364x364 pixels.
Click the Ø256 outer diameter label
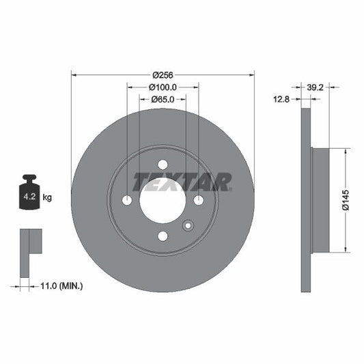point(163,74)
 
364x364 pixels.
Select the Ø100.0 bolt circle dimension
point(163,87)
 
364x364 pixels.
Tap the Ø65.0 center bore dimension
point(163,99)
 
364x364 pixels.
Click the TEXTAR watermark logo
point(182,182)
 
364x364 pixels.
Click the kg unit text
point(48,197)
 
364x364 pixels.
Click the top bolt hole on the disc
point(163,164)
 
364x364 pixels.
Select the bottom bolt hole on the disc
point(163,236)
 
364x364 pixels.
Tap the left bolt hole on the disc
point(126,200)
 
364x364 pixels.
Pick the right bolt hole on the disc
point(199,200)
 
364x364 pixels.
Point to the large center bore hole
point(163,200)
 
